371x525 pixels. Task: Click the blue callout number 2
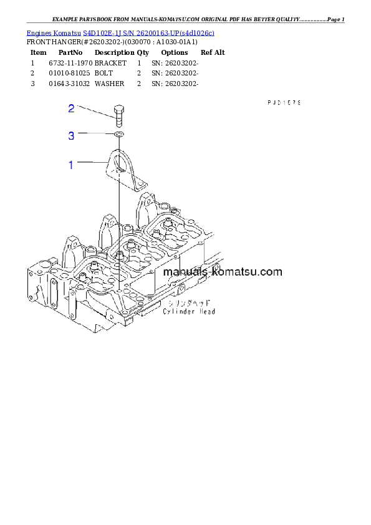pos(71,108)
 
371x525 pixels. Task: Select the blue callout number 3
pos(71,135)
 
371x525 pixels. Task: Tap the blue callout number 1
pos(71,165)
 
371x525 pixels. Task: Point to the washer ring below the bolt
pos(118,134)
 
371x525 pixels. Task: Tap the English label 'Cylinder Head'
pos(189,311)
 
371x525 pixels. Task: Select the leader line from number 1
pos(92,163)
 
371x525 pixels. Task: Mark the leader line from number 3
pos(95,134)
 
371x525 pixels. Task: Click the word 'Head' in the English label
pos(206,311)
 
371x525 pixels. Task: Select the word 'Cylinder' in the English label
pos(179,311)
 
